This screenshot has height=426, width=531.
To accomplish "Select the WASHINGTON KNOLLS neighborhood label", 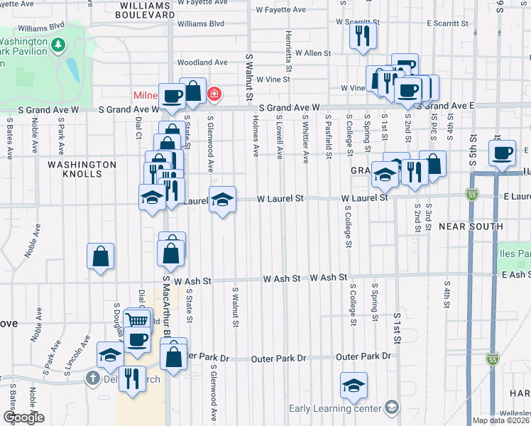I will tap(82, 169).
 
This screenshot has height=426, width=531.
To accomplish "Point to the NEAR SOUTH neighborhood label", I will tap(470, 226).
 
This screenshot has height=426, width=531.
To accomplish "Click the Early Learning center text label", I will tap(334, 408).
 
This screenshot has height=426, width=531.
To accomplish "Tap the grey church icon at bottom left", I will tap(92, 378).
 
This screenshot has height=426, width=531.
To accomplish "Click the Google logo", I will tap(23, 417).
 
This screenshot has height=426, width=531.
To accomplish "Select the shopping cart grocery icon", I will tap(137, 321).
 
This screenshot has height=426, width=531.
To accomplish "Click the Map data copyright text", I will tap(502, 420).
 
